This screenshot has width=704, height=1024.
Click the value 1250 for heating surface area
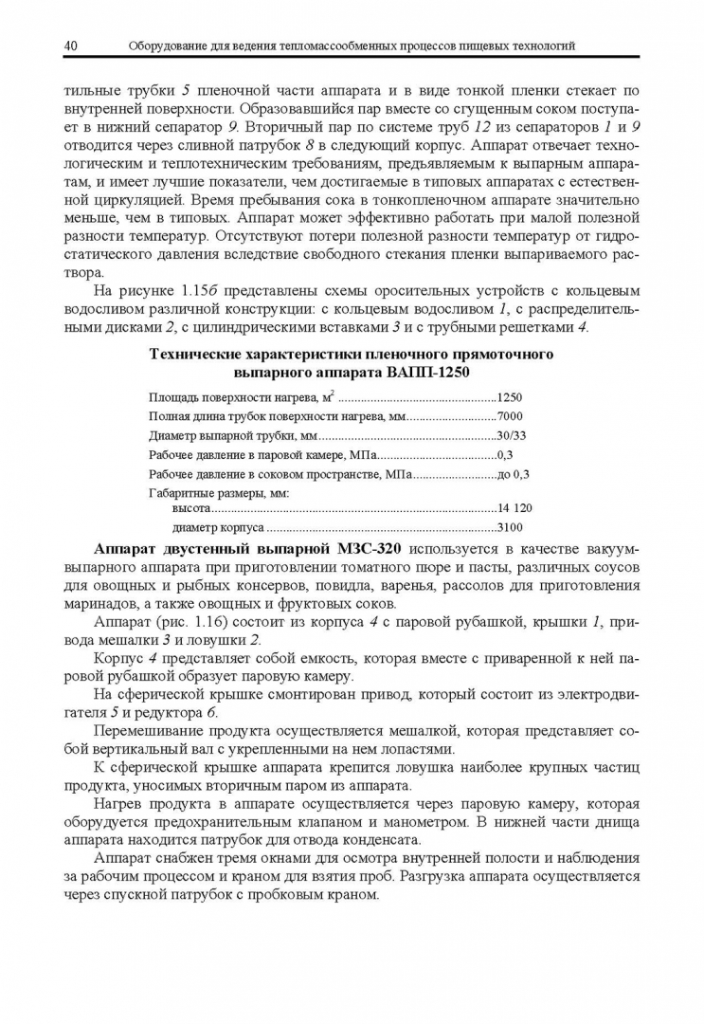[510, 398]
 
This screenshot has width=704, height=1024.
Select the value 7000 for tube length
[510, 417]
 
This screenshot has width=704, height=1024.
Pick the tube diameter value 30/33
[512, 436]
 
